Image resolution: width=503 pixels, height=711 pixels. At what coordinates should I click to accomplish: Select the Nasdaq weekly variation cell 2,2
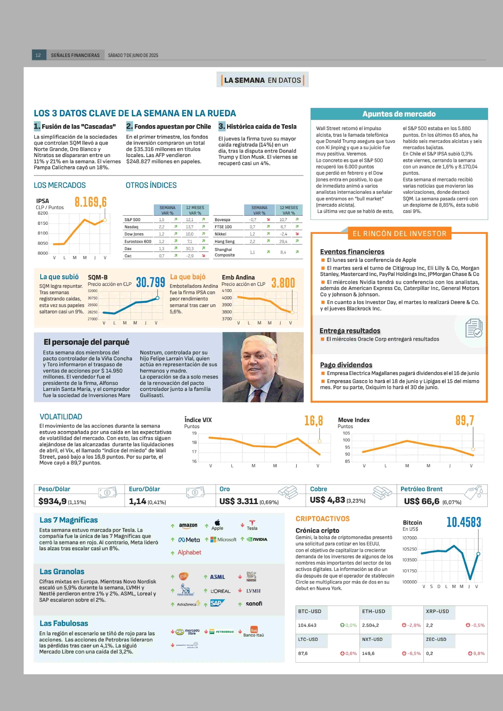(x=162, y=227)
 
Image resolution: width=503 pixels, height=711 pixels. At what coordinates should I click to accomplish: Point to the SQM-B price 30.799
(x=151, y=282)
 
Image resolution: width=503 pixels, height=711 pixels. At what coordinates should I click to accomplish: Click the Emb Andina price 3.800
(x=283, y=283)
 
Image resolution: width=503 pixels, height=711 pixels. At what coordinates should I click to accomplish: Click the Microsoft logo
(x=223, y=539)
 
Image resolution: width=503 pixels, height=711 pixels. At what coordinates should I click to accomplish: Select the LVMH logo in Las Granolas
(x=253, y=591)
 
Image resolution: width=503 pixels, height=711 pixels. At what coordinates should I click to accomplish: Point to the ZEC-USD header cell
(x=436, y=639)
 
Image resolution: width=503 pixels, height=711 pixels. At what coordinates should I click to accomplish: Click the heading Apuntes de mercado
(x=399, y=114)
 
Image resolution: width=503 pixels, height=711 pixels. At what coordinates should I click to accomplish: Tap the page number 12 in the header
(x=38, y=55)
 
